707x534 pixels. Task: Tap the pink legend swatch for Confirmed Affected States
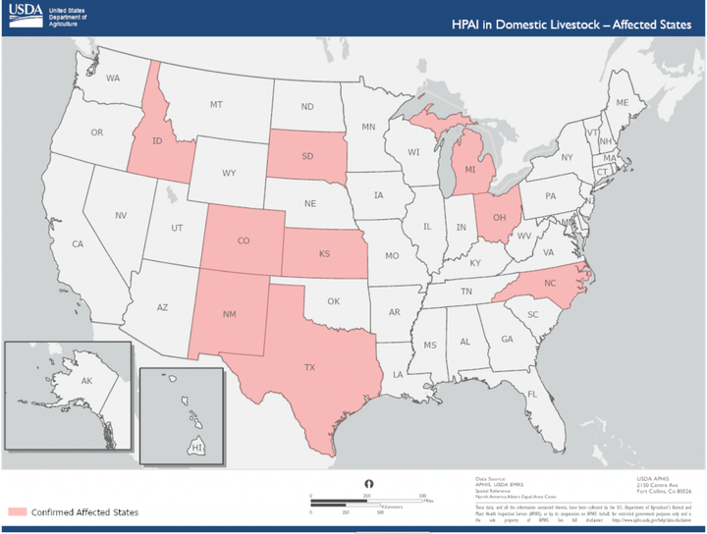(x=17, y=511)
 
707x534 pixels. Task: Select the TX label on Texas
(x=309, y=367)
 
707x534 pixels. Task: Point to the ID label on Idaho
(x=156, y=141)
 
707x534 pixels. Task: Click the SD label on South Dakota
(x=307, y=156)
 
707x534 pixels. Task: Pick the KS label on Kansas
(x=324, y=253)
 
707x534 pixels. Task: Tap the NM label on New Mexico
(x=229, y=314)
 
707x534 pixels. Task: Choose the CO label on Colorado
(x=244, y=240)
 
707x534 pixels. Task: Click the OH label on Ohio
(x=500, y=217)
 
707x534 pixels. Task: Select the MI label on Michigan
(x=469, y=170)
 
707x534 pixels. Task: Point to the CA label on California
(x=78, y=243)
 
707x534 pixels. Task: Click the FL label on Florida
(x=531, y=395)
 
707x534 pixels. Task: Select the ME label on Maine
(x=621, y=102)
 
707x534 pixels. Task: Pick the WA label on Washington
(x=113, y=78)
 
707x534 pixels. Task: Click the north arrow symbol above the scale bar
(x=368, y=484)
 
